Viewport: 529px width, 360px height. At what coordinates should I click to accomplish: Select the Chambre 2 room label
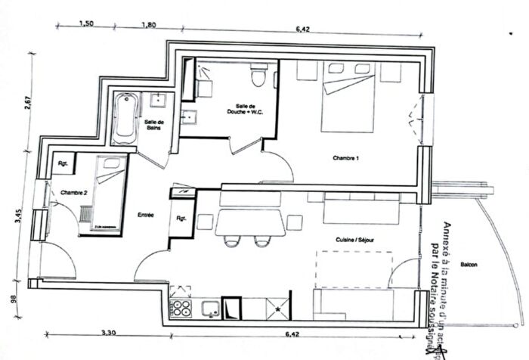click(73, 192)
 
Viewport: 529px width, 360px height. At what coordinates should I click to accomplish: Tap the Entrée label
click(146, 215)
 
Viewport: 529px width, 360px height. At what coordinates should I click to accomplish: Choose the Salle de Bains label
click(155, 125)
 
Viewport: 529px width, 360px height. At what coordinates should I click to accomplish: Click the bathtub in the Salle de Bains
click(124, 119)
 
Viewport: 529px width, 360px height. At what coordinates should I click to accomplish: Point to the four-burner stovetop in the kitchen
click(182, 308)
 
